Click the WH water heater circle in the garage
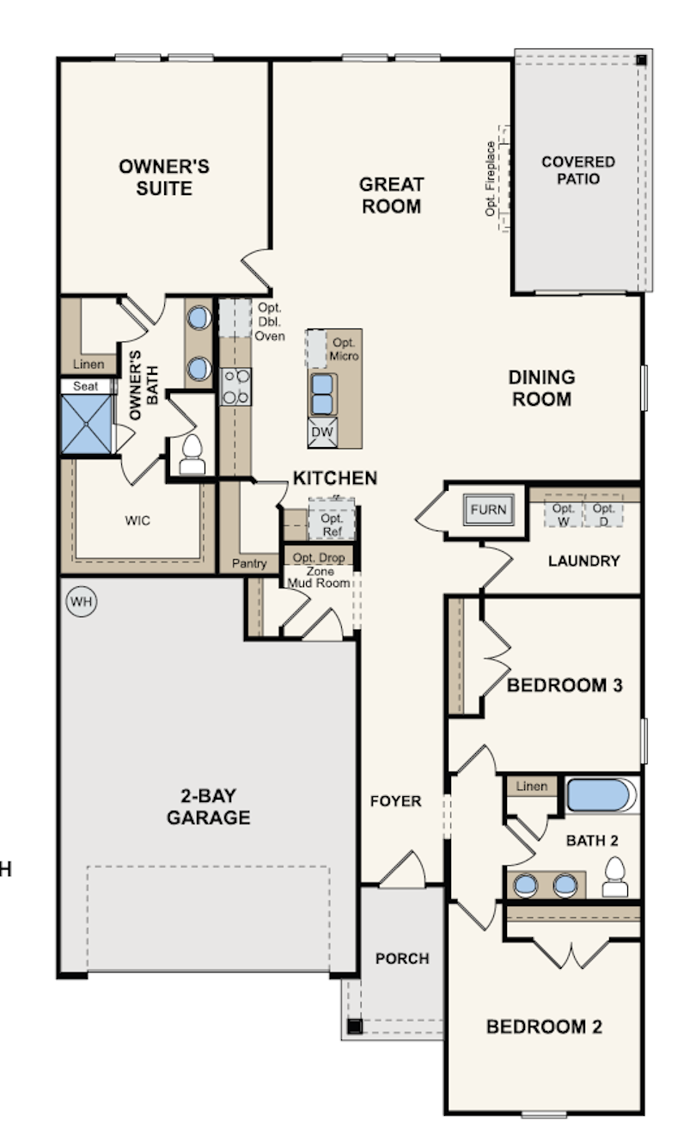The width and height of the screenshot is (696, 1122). pyautogui.click(x=82, y=601)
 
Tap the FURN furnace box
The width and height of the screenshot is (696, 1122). pyautogui.click(x=489, y=509)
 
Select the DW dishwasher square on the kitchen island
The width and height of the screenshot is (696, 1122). pyautogui.click(x=322, y=432)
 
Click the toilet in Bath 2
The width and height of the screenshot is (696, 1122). pyautogui.click(x=615, y=877)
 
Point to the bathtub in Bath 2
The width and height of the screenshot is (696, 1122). pyautogui.click(x=601, y=795)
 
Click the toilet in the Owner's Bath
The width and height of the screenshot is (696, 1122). pyautogui.click(x=192, y=454)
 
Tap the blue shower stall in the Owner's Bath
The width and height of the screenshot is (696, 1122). pyautogui.click(x=87, y=424)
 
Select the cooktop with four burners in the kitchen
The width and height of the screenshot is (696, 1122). pyautogui.click(x=235, y=387)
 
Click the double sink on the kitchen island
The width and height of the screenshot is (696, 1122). pyautogui.click(x=323, y=395)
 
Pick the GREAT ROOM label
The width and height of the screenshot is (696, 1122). pyautogui.click(x=392, y=195)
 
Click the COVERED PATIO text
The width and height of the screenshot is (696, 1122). pyautogui.click(x=578, y=170)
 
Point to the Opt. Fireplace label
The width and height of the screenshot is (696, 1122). pyautogui.click(x=491, y=179)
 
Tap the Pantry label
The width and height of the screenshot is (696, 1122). pyautogui.click(x=249, y=563)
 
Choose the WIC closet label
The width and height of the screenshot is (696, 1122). pyautogui.click(x=137, y=520)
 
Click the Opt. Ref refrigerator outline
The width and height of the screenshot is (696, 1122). pyautogui.click(x=332, y=519)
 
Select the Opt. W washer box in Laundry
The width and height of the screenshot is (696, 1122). pyautogui.click(x=564, y=511)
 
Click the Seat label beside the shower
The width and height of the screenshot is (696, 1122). pyautogui.click(x=86, y=386)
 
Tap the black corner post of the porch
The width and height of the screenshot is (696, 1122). pyautogui.click(x=355, y=1027)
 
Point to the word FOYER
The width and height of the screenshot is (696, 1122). pyautogui.click(x=395, y=801)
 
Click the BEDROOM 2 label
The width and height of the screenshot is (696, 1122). pyautogui.click(x=544, y=1027)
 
